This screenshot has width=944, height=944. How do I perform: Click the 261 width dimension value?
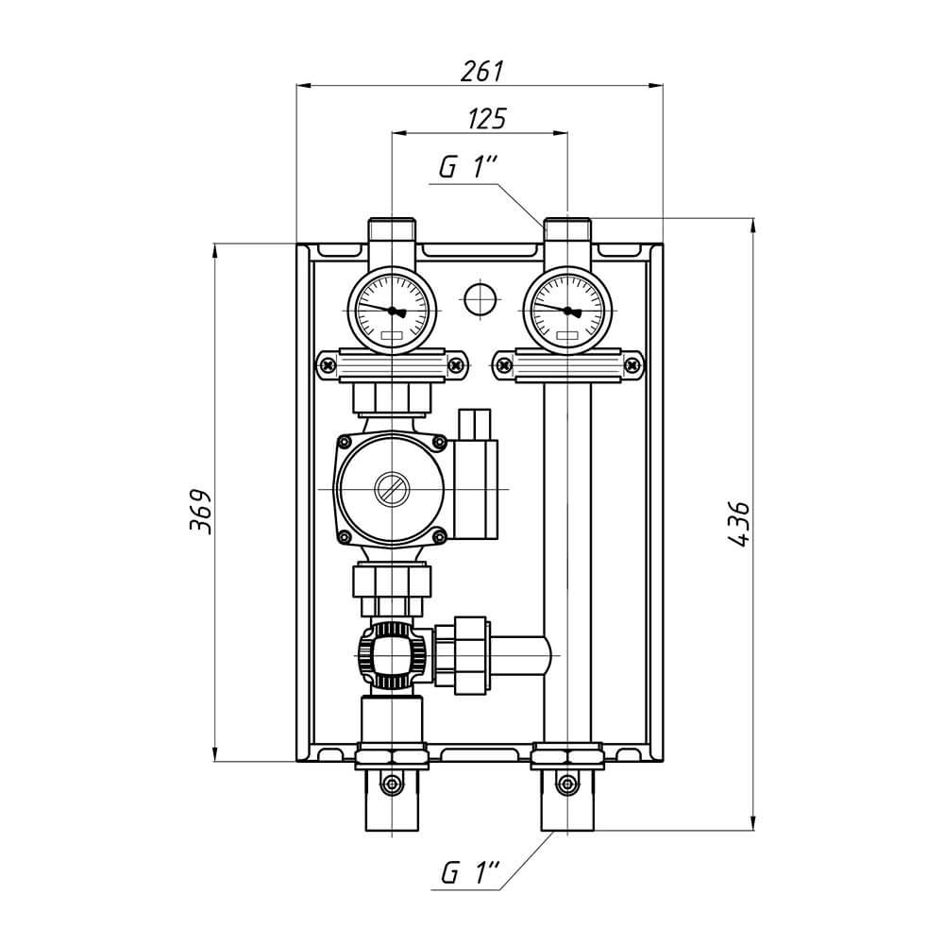click(481, 71)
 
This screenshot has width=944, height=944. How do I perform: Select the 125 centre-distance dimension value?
click(487, 119)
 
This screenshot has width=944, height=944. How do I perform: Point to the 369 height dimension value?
click(200, 512)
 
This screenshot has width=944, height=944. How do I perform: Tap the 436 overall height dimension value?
click(739, 523)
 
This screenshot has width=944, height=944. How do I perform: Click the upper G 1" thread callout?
click(468, 167)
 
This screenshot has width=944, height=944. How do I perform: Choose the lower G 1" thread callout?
click(470, 872)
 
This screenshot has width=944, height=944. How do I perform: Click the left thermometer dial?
click(392, 311)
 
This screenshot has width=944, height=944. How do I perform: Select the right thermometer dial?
click(567, 311)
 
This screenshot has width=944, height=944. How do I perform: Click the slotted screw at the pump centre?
click(392, 489)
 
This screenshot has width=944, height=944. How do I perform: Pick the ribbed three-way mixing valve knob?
click(392, 655)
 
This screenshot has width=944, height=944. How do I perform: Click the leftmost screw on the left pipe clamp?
click(329, 364)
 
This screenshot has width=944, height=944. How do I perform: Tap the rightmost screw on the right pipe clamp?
click(632, 364)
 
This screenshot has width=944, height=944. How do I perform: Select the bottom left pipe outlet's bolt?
click(392, 784)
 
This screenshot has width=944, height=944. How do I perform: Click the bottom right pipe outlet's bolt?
click(566, 784)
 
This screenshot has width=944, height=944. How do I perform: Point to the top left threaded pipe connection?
click(392, 230)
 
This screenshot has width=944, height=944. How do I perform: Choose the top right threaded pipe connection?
click(567, 230)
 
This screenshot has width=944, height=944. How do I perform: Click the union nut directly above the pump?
click(392, 398)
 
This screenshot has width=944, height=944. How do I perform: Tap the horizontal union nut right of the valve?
click(469, 655)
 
